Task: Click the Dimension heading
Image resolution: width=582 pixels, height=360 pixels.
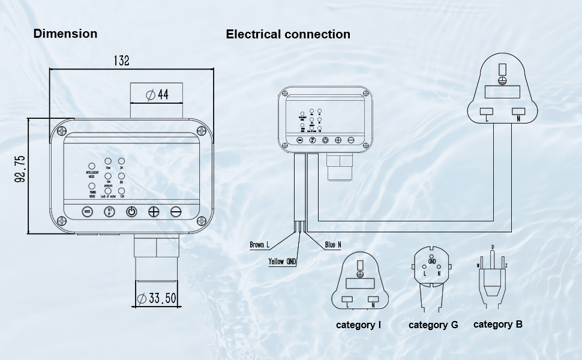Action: (x=65, y=34)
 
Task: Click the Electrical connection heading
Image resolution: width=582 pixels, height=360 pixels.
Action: (x=288, y=34)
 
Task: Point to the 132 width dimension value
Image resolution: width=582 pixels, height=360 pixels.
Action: (x=121, y=61)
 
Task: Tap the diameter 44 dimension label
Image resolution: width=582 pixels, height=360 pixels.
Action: (x=157, y=94)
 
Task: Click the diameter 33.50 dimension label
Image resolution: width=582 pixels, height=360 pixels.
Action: (x=157, y=298)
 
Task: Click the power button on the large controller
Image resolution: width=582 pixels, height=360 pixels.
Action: (x=131, y=211)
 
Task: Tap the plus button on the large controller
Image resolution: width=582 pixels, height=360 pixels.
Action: (x=154, y=211)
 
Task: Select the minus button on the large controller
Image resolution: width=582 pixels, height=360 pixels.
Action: (x=176, y=211)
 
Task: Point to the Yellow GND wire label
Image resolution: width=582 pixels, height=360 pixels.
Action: (x=282, y=262)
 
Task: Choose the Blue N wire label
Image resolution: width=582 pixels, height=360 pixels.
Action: (x=333, y=245)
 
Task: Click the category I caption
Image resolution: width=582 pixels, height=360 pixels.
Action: (x=358, y=325)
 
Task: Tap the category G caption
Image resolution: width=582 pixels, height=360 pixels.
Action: (x=433, y=325)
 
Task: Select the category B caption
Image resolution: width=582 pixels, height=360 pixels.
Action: (x=497, y=324)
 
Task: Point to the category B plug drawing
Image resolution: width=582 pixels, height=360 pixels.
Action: (x=492, y=276)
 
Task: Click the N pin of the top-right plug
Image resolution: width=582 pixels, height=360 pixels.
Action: (x=518, y=111)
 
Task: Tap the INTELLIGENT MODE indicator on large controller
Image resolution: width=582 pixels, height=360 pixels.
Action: (x=92, y=166)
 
